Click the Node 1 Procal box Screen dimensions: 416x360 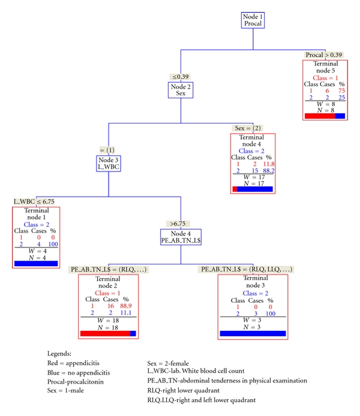[x=253, y=19]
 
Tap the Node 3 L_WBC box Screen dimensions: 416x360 [x=109, y=163]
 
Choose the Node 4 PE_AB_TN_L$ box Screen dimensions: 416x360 [x=181, y=237]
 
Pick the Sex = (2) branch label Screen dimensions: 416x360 [x=247, y=128]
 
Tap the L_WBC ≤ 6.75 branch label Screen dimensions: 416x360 [x=35, y=201]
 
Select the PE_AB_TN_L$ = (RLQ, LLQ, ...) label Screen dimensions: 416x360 [x=245, y=270]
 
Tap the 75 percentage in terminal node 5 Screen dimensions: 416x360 [x=341, y=91]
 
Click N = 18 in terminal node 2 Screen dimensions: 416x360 [x=108, y=327]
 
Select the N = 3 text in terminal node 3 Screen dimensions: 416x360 [x=253, y=327]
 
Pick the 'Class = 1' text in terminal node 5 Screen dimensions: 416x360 [x=325, y=77]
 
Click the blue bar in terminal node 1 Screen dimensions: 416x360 [x=35, y=263]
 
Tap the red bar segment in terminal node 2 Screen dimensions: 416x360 [x=104, y=334]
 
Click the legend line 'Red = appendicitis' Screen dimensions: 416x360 [x=74, y=364]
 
